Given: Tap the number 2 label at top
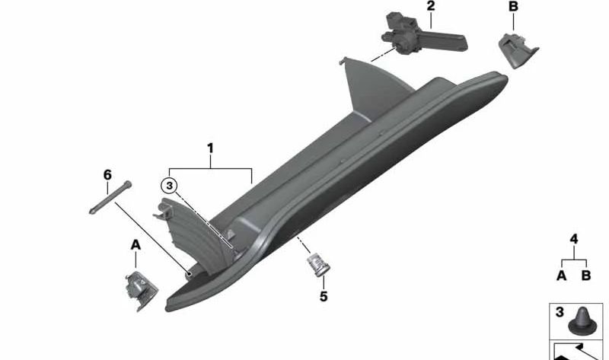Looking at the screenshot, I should coord(430,7).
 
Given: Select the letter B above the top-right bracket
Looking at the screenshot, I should coord(513,7).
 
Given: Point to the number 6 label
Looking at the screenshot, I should coord(107,174).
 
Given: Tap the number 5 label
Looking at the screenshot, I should coord(323,296).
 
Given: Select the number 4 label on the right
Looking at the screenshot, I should coord(574,239).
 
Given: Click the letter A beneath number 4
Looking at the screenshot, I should coord(561,275).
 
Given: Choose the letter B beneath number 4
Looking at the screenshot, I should coord(586,275).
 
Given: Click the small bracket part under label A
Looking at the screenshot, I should coord(138,288).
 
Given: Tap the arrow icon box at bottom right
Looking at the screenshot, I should coord(578,352).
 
